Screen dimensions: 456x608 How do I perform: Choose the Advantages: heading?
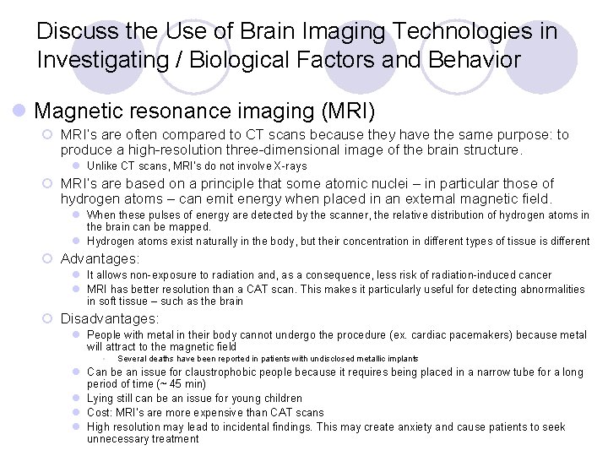[100, 258]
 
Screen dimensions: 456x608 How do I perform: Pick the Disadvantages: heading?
[109, 318]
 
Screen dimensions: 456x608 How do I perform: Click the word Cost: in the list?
[100, 412]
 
